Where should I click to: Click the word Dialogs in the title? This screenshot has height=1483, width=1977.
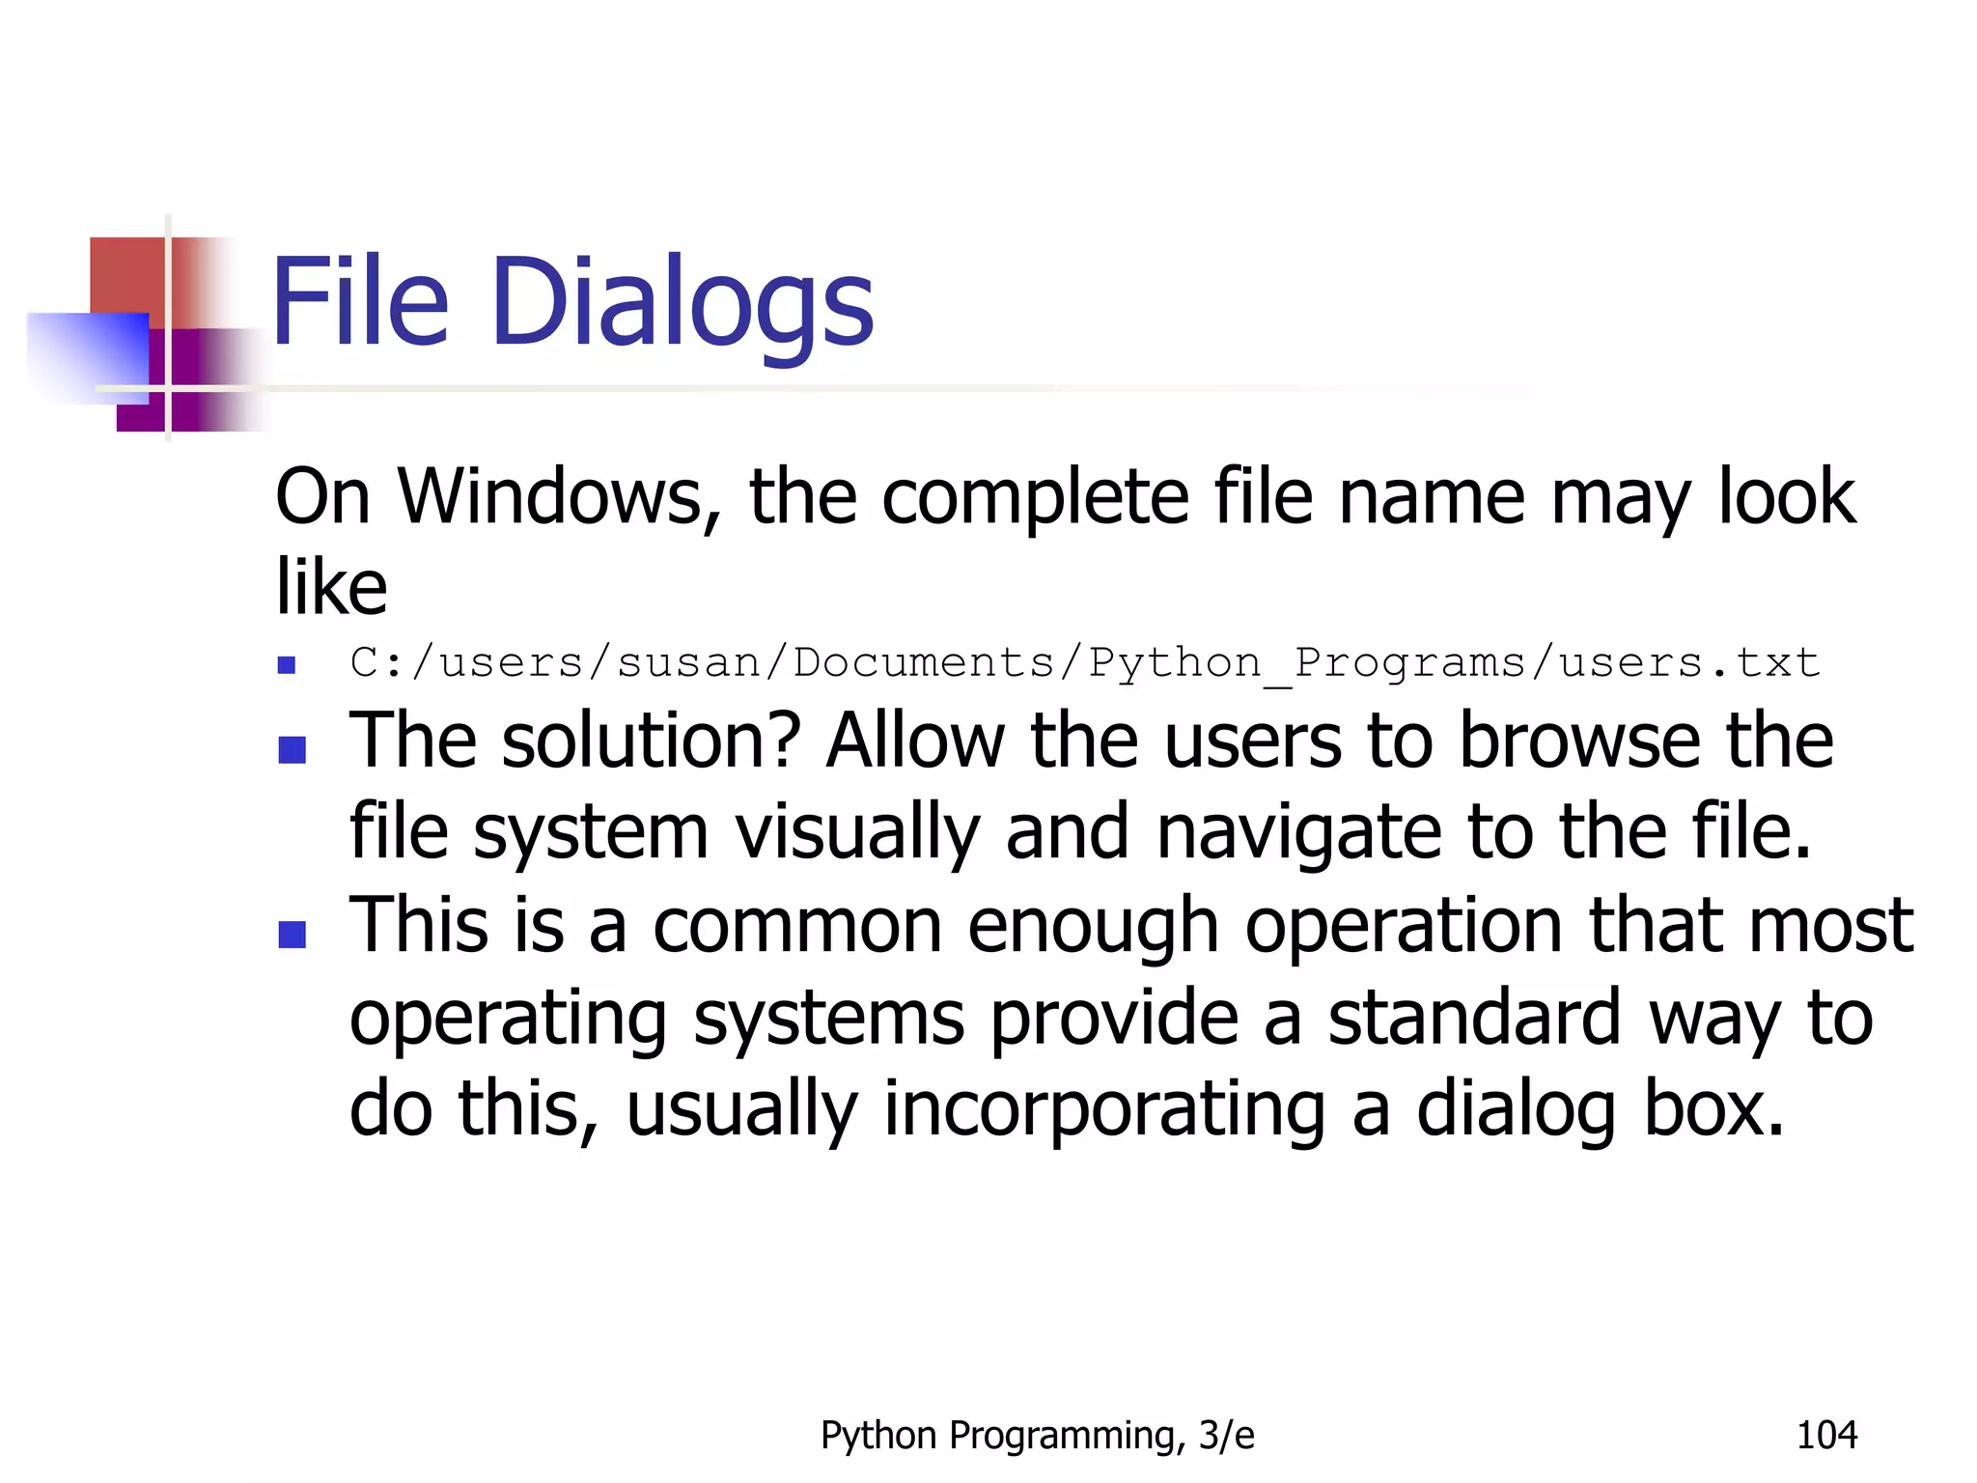pyautogui.click(x=682, y=304)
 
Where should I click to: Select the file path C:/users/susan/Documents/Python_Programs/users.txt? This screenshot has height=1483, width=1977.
pyautogui.click(x=1084, y=663)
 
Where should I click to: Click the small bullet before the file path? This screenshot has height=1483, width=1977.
pyautogui.click(x=286, y=665)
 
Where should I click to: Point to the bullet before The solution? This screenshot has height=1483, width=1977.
pyautogui.click(x=292, y=749)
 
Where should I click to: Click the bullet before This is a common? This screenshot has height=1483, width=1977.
pyautogui.click(x=292, y=934)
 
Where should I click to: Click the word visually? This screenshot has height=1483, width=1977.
pyautogui.click(x=857, y=833)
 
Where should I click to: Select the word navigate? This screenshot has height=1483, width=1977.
pyautogui.click(x=1297, y=833)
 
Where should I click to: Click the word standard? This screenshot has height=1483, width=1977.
pyautogui.click(x=1474, y=1018)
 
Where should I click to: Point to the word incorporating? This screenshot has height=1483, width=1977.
pyautogui.click(x=1103, y=1109)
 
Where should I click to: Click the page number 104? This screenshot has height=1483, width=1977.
pyautogui.click(x=1826, y=1436)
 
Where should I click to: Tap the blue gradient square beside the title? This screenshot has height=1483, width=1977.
pyautogui.click(x=89, y=356)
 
